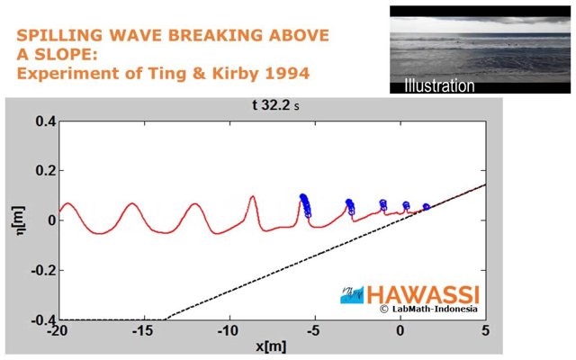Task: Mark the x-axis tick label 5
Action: click(x=485, y=330)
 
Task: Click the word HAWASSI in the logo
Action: click(x=423, y=294)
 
